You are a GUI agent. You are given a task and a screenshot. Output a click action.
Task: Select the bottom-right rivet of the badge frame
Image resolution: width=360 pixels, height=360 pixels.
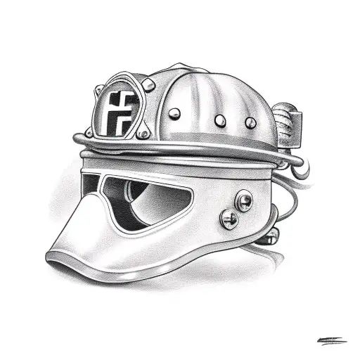coord(143,132)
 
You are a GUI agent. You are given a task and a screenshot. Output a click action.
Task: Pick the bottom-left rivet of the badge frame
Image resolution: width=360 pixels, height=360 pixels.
coord(89,131)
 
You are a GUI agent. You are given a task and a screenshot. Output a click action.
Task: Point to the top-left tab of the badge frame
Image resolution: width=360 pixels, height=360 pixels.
coord(99,89)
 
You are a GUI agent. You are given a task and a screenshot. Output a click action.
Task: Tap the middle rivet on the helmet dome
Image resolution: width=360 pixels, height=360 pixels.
coord(219,120)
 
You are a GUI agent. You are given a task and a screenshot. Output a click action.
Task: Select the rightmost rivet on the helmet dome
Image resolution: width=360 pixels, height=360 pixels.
coord(249,123)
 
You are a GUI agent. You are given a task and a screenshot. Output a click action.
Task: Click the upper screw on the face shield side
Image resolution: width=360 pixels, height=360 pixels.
coord(243,202)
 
